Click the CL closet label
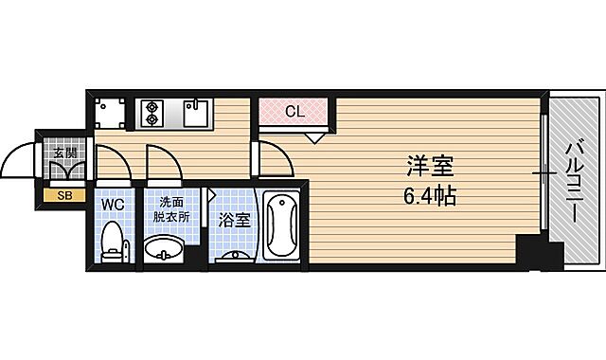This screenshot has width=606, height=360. point(294,112)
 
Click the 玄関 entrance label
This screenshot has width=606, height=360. point(64,151)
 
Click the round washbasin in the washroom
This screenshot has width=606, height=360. point(167,250)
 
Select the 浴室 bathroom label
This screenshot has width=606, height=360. point(235,220)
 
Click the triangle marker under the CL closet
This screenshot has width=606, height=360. point(315,136)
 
